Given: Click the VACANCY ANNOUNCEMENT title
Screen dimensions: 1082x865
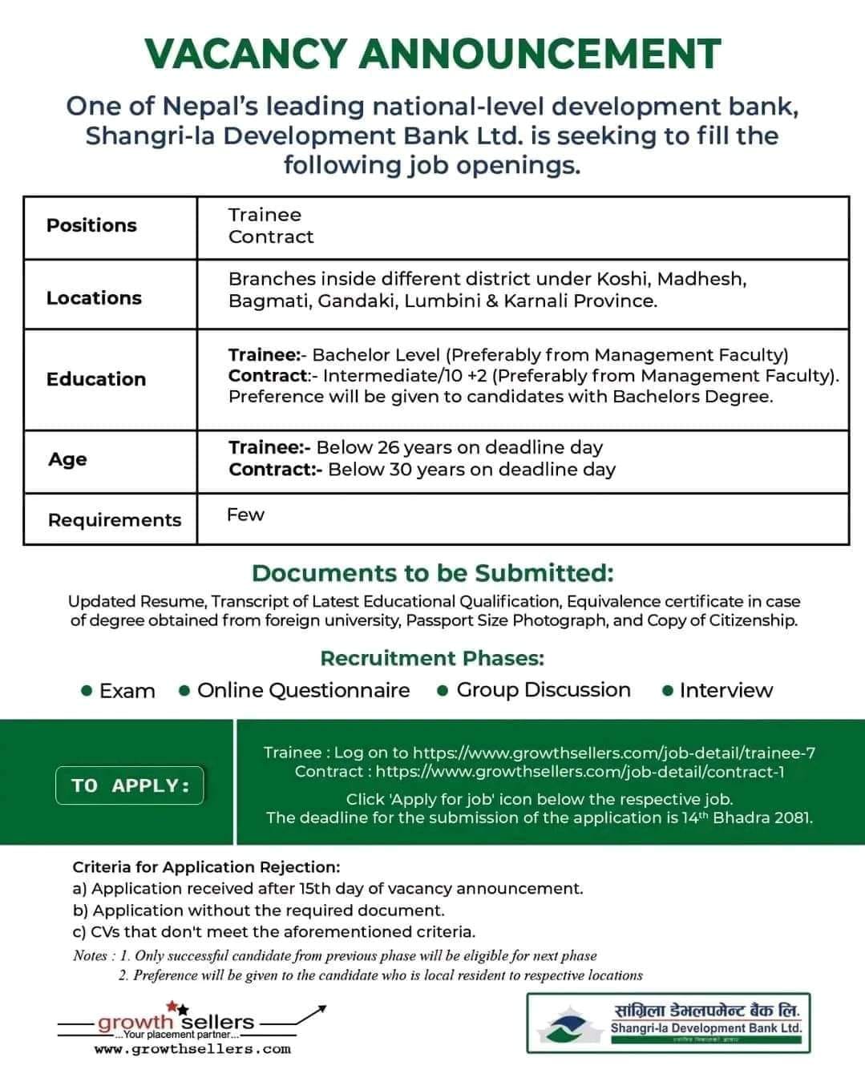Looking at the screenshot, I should pos(433,55).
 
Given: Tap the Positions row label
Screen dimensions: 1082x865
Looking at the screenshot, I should pos(91,225).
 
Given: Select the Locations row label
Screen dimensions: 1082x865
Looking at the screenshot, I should pos(94,298).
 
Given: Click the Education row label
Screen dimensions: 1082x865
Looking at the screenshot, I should pos(96,379).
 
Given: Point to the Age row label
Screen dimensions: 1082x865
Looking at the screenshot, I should pos(67,459).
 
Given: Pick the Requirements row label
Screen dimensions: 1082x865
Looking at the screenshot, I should pos(115,520).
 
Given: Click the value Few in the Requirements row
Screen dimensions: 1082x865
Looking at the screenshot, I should pos(245,515).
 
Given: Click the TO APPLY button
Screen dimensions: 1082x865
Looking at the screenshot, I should pos(130,785).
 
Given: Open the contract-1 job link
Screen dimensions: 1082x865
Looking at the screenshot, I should pos(580,771).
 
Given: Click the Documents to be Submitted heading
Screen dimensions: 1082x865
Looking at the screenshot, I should pos(432,573).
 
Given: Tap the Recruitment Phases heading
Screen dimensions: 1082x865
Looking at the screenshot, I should pos(432,658).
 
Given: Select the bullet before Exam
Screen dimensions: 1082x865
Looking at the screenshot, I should pos(87,691).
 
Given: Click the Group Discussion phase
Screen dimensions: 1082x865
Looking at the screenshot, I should pos(543,690).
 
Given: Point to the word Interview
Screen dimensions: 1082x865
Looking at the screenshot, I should pos(726,690).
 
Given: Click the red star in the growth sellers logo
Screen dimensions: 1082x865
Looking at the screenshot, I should pos(172,1006).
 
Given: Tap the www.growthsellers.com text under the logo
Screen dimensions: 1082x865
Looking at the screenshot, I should pos(192,1048).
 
